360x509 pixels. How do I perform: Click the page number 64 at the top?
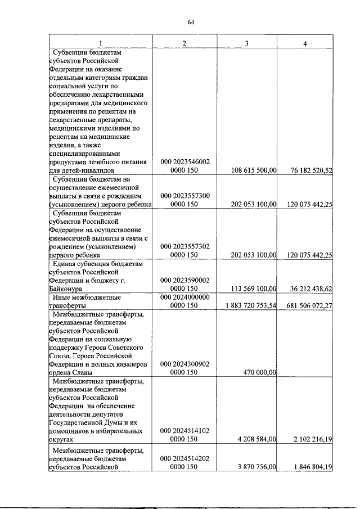(x=191, y=22)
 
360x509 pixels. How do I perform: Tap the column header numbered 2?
(x=184, y=43)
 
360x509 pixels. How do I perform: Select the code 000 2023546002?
(x=185, y=161)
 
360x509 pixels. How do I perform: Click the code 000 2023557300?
(x=185, y=196)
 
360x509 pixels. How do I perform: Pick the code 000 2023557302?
(x=185, y=246)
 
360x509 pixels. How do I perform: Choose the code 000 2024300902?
(x=185, y=364)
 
